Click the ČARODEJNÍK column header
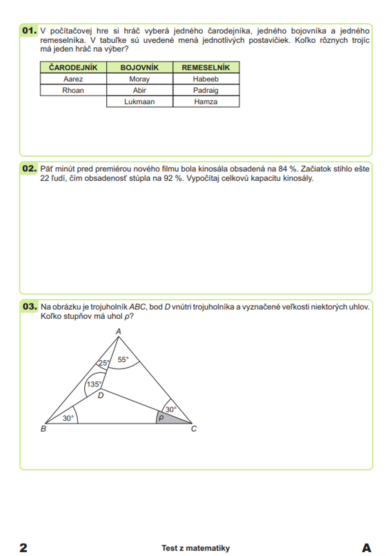[73, 67]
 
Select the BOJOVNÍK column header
[140, 67]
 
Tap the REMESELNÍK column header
[206, 67]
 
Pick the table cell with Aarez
[73, 79]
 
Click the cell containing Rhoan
[73, 90]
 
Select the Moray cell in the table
[140, 79]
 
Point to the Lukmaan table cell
[140, 102]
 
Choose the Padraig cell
[206, 90]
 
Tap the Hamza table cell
[206, 102]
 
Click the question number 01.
[29, 31]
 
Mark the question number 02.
[29, 169]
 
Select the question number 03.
[30, 306]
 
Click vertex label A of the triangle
[118, 331]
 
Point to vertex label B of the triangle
[44, 429]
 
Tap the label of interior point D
[101, 396]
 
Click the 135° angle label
[94, 384]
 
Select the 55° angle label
[123, 359]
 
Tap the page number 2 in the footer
[24, 547]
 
